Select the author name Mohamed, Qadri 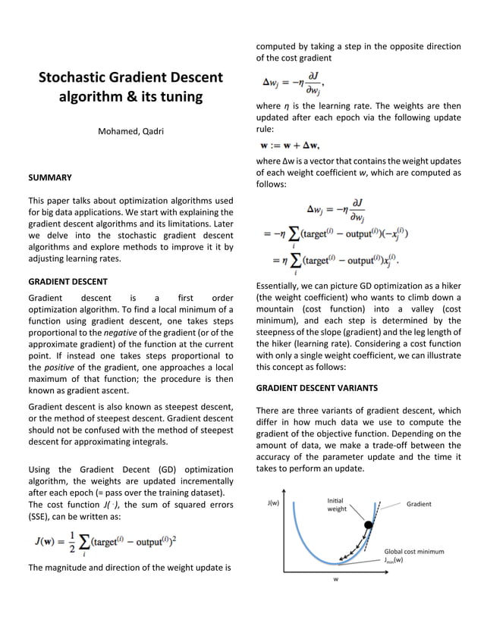click(130, 132)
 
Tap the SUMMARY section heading click(50, 177)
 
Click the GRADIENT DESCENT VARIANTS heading click(316, 387)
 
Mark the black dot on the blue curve click(369, 524)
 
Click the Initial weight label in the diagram click(337, 505)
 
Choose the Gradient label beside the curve click(419, 504)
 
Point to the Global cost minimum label click(413, 551)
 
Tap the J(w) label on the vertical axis click(274, 502)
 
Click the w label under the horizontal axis click(335, 581)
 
